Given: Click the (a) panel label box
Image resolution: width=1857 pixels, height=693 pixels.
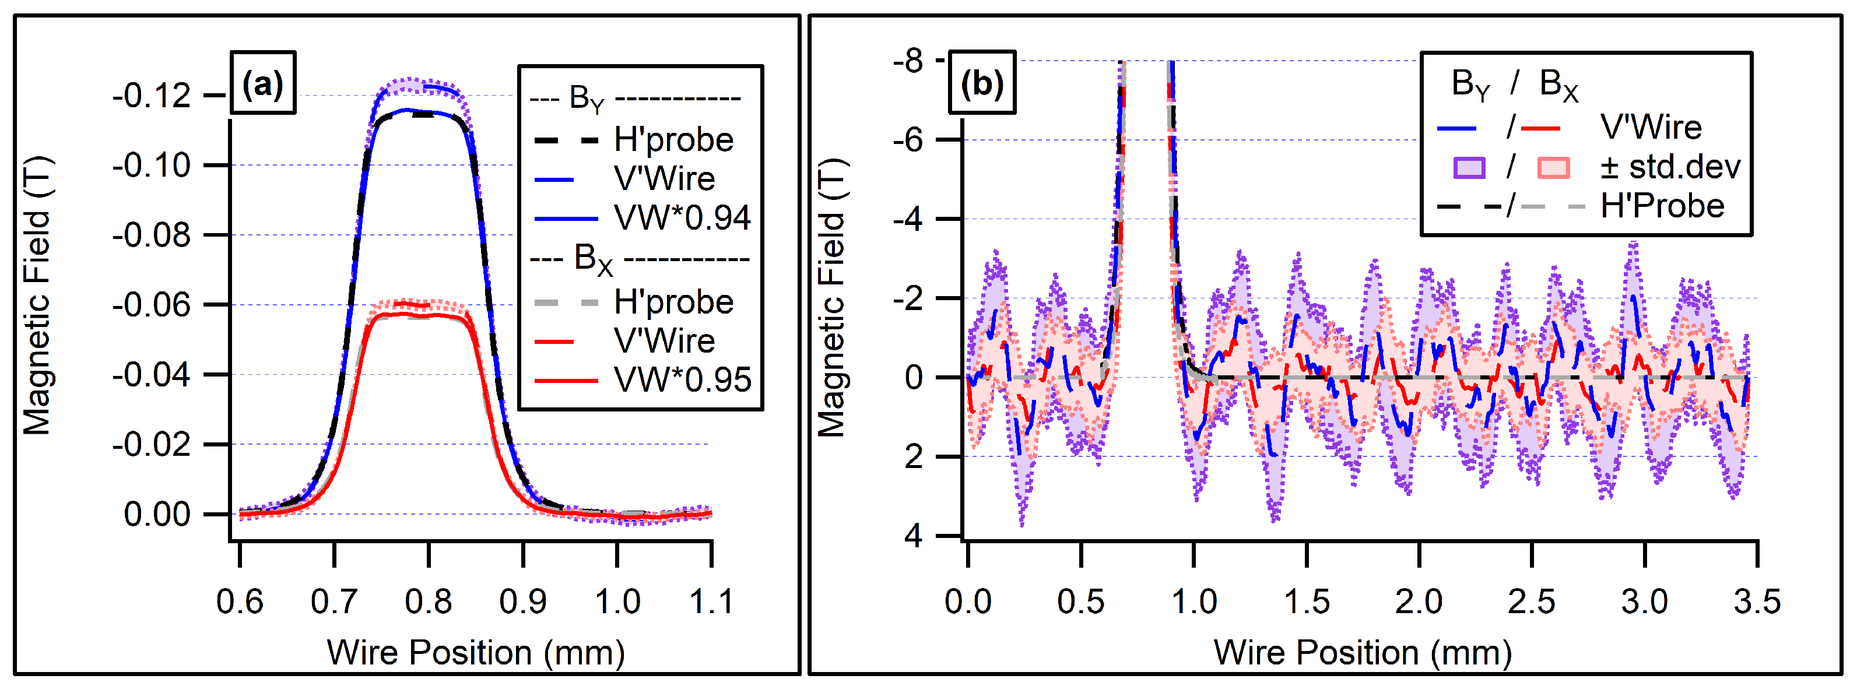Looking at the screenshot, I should click(262, 83).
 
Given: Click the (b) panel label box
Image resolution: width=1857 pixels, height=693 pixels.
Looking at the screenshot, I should click(982, 83).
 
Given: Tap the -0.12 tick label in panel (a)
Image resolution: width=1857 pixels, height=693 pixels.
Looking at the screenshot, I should click(152, 95).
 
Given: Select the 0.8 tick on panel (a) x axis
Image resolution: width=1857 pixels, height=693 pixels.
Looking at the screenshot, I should click(428, 601).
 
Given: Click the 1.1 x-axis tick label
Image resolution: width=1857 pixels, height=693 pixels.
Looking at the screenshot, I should click(711, 601).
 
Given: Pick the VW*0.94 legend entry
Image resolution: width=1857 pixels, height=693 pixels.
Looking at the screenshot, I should click(681, 217).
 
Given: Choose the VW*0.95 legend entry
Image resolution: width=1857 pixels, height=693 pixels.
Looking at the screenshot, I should click(681, 379).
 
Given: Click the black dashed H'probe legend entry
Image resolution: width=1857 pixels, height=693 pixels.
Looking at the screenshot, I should click(673, 140).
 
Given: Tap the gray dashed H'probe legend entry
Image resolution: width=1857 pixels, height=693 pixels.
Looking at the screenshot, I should click(673, 302).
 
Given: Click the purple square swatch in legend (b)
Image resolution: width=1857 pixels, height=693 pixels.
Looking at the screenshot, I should click(1469, 168).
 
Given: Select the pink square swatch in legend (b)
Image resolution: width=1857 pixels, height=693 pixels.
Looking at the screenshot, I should click(1553, 168).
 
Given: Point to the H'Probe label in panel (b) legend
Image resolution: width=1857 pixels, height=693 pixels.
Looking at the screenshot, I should click(1662, 207).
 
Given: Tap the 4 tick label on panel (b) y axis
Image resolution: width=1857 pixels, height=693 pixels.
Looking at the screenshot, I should click(914, 536).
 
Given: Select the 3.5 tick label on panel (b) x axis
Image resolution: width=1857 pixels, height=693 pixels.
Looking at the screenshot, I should click(1757, 601).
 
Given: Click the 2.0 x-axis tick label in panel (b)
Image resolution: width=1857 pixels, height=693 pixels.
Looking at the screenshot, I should click(1418, 601).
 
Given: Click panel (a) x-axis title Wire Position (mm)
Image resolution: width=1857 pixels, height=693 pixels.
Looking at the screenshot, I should click(476, 653).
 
